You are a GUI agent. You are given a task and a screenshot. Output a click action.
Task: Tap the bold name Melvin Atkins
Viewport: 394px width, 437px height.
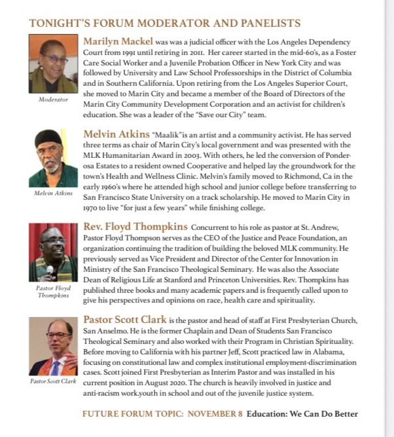(x=116, y=134)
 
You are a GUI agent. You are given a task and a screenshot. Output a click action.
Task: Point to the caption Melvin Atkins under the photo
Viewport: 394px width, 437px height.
(x=53, y=193)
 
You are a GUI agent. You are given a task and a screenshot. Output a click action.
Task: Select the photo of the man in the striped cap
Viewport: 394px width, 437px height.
(x=53, y=159)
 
